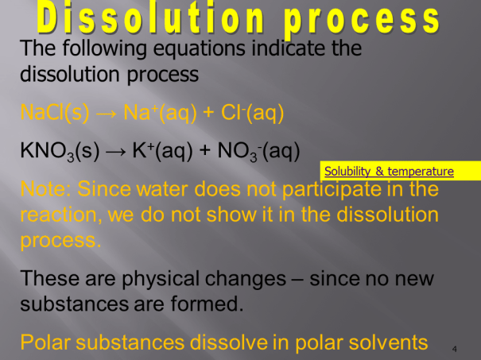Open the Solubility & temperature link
click(x=389, y=171)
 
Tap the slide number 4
click(x=454, y=348)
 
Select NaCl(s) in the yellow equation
click(x=54, y=113)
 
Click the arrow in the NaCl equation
click(x=104, y=113)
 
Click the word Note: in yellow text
click(x=48, y=190)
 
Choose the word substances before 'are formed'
click(x=72, y=304)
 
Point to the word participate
click(x=354, y=190)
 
